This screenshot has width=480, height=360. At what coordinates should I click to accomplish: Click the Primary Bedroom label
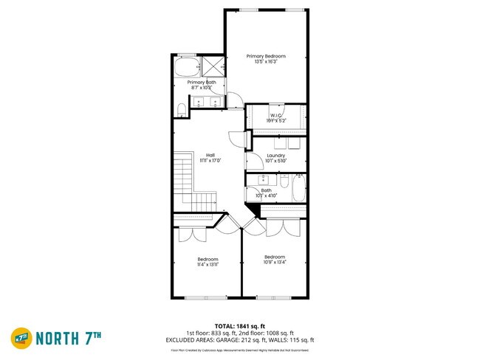266,56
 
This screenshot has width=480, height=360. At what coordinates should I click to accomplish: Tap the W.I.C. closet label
276,115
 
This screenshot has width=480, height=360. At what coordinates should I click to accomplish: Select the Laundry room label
275,156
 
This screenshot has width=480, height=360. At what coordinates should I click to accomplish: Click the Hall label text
210,155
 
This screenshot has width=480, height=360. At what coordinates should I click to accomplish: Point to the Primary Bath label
201,82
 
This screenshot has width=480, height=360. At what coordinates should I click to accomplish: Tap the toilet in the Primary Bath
182,110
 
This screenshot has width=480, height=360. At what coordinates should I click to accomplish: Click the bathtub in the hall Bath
298,187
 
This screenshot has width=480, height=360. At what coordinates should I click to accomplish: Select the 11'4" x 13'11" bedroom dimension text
208,264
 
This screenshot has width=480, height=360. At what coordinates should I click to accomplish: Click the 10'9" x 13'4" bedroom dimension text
275,262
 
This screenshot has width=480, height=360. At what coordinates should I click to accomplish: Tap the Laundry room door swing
253,159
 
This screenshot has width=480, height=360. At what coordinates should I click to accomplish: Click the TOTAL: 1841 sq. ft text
239,325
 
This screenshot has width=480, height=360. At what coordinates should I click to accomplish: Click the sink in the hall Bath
262,179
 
